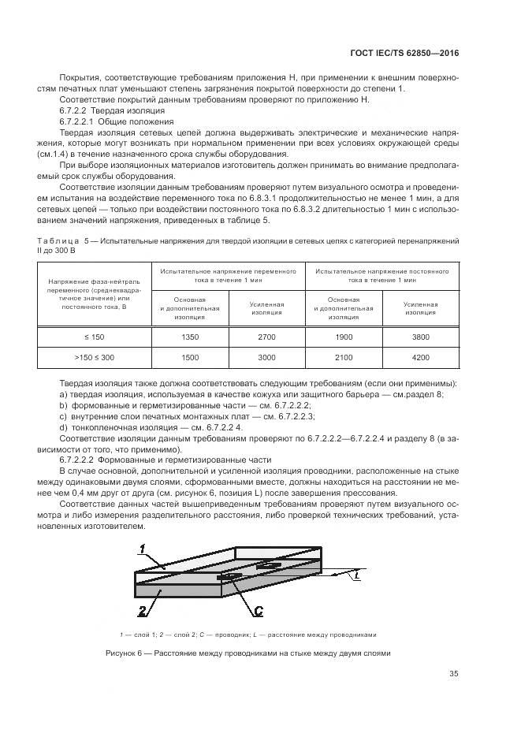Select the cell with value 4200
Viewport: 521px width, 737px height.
pos(420,357)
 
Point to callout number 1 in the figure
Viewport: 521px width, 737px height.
pos(141,549)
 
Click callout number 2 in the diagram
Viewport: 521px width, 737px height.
pos(141,609)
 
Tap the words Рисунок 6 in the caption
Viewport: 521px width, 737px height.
pos(127,653)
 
